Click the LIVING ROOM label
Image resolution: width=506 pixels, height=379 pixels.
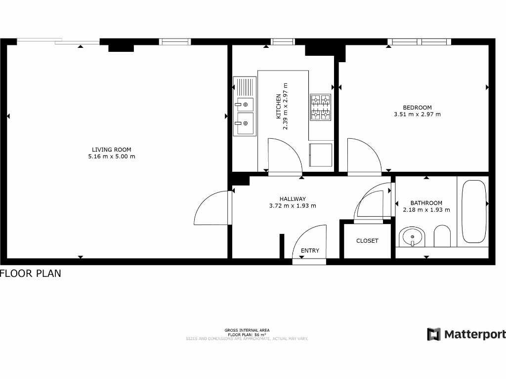click(112, 150)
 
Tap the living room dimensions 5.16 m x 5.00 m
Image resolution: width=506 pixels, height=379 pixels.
click(112, 156)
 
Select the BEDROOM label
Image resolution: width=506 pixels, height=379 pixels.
click(417, 108)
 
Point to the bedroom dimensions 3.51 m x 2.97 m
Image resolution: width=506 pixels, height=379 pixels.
click(417, 114)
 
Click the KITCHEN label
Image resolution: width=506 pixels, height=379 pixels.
click(279, 106)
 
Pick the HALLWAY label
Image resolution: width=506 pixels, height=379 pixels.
click(293, 199)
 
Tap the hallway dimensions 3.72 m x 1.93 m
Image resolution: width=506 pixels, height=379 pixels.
click(293, 206)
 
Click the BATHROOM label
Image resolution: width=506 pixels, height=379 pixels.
click(426, 203)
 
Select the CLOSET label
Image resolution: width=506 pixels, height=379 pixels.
click(367, 241)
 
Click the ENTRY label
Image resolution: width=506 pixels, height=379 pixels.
click(310, 251)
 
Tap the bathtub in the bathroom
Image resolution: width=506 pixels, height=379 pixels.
click(474, 211)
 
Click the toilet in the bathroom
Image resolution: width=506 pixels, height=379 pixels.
click(442, 237)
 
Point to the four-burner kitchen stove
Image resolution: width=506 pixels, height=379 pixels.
click(320, 107)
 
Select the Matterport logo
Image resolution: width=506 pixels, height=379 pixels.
click(466, 334)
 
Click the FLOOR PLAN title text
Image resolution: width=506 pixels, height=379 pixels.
click(31, 273)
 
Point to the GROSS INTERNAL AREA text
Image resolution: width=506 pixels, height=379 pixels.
click(247, 330)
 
